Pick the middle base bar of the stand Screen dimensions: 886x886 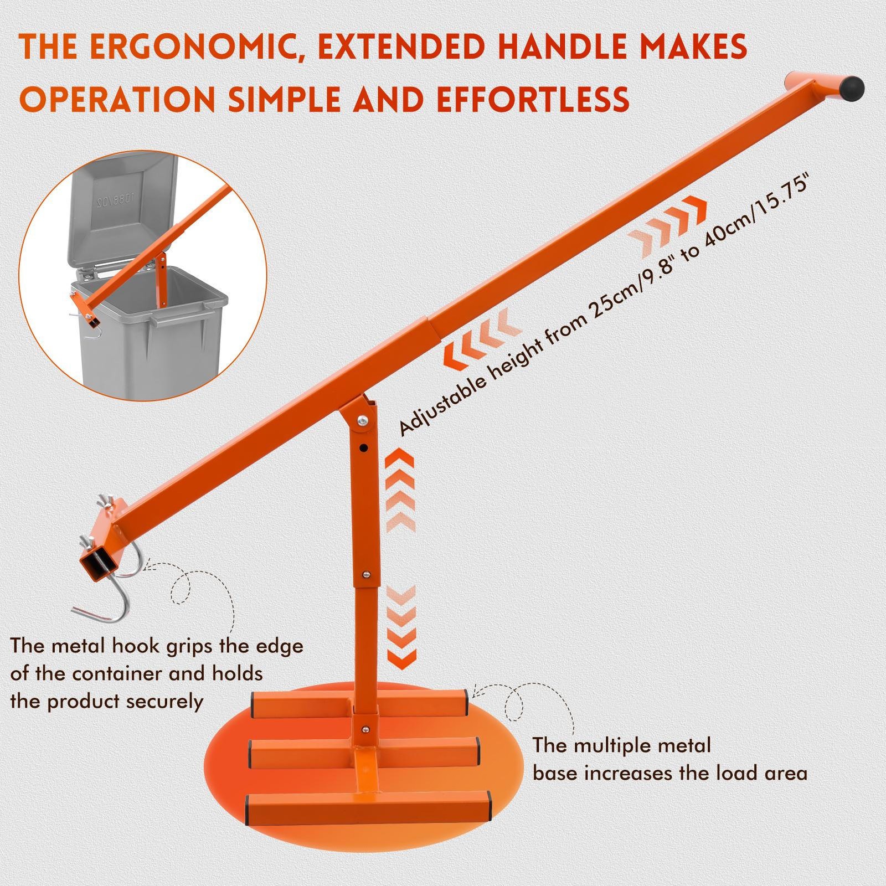pyautogui.click(x=364, y=750)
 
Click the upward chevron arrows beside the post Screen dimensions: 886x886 pyautogui.click(x=400, y=491)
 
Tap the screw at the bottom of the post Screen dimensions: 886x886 pyautogui.click(x=365, y=729)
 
